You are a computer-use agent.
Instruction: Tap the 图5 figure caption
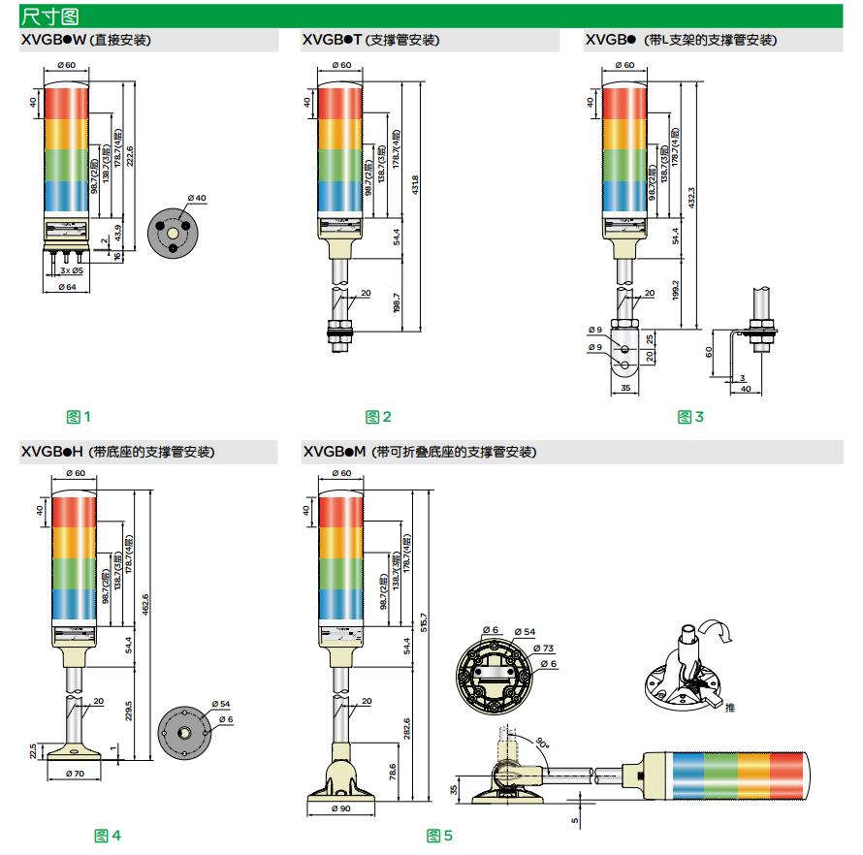click(439, 835)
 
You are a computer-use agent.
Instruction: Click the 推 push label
click(729, 708)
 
